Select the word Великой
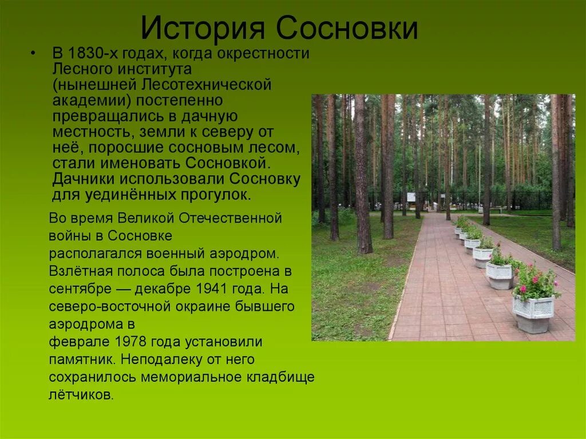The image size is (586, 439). [x=146, y=218]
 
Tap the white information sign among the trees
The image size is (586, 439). [x=411, y=197]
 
